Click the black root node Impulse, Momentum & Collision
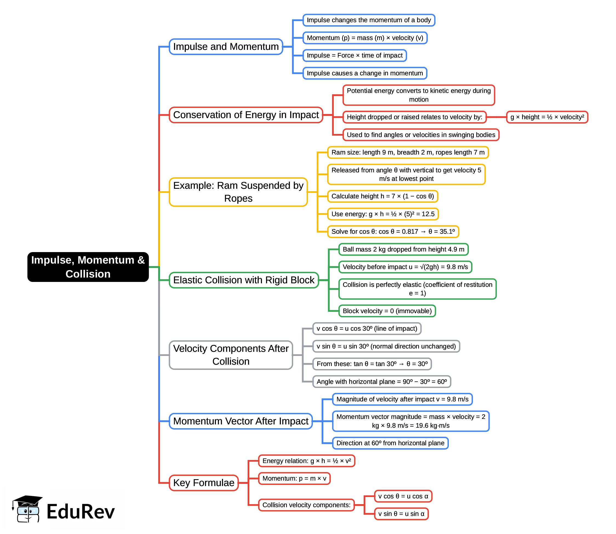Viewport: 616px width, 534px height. (88, 267)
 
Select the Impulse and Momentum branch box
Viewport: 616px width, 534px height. (226, 47)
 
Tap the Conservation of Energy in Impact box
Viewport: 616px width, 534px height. (246, 115)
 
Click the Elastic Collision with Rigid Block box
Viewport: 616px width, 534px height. (244, 280)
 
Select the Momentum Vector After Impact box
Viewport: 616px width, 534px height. (241, 421)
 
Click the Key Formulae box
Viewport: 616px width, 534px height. (204, 483)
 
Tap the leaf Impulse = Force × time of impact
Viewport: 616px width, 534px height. (354, 56)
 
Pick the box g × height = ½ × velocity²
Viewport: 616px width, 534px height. (547, 117)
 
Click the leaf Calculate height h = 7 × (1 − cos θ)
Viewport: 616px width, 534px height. (382, 196)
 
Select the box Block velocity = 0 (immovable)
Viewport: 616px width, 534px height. (387, 311)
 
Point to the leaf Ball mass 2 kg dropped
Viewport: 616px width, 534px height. (403, 249)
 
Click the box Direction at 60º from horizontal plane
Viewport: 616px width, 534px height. (390, 443)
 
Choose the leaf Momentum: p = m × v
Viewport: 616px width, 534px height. (294, 479)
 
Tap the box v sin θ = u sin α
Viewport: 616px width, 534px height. (401, 514)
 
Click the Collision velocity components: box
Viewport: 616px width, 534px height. (306, 505)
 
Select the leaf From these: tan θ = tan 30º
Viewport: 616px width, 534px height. (372, 364)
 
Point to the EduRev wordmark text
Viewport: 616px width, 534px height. (81, 512)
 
